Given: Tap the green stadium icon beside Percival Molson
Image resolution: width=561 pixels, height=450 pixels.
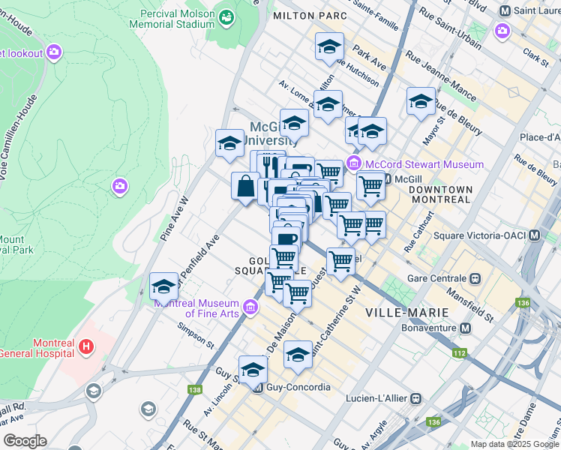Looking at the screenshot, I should tap(225, 14).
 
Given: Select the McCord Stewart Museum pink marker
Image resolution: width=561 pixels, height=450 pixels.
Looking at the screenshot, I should tap(354, 164).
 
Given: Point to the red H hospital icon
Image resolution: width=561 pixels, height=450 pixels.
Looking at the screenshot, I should tap(87, 346).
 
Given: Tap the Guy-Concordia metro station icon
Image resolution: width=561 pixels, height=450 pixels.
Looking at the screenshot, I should tap(259, 388).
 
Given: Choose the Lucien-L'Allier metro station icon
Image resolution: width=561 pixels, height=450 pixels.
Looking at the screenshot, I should tap(419, 399).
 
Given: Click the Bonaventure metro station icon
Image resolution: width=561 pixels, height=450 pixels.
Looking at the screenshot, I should tap(466, 328).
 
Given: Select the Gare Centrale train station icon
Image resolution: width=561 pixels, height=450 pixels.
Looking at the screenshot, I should tap(475, 277).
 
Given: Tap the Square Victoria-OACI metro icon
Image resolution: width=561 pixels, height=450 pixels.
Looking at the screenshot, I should tap(534, 235).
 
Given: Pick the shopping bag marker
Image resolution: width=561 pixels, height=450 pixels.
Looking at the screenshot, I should tap(247, 187).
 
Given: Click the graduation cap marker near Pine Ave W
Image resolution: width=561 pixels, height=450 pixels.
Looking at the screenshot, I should tap(163, 286).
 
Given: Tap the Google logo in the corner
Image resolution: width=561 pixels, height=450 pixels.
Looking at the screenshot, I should tap(25, 441).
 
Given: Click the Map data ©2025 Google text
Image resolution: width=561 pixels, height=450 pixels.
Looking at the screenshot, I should tap(514, 444).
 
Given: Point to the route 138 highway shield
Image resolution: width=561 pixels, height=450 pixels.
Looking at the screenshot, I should tap(196, 390).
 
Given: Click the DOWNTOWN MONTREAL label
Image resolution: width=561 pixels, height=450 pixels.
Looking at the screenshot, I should tap(440, 195).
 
